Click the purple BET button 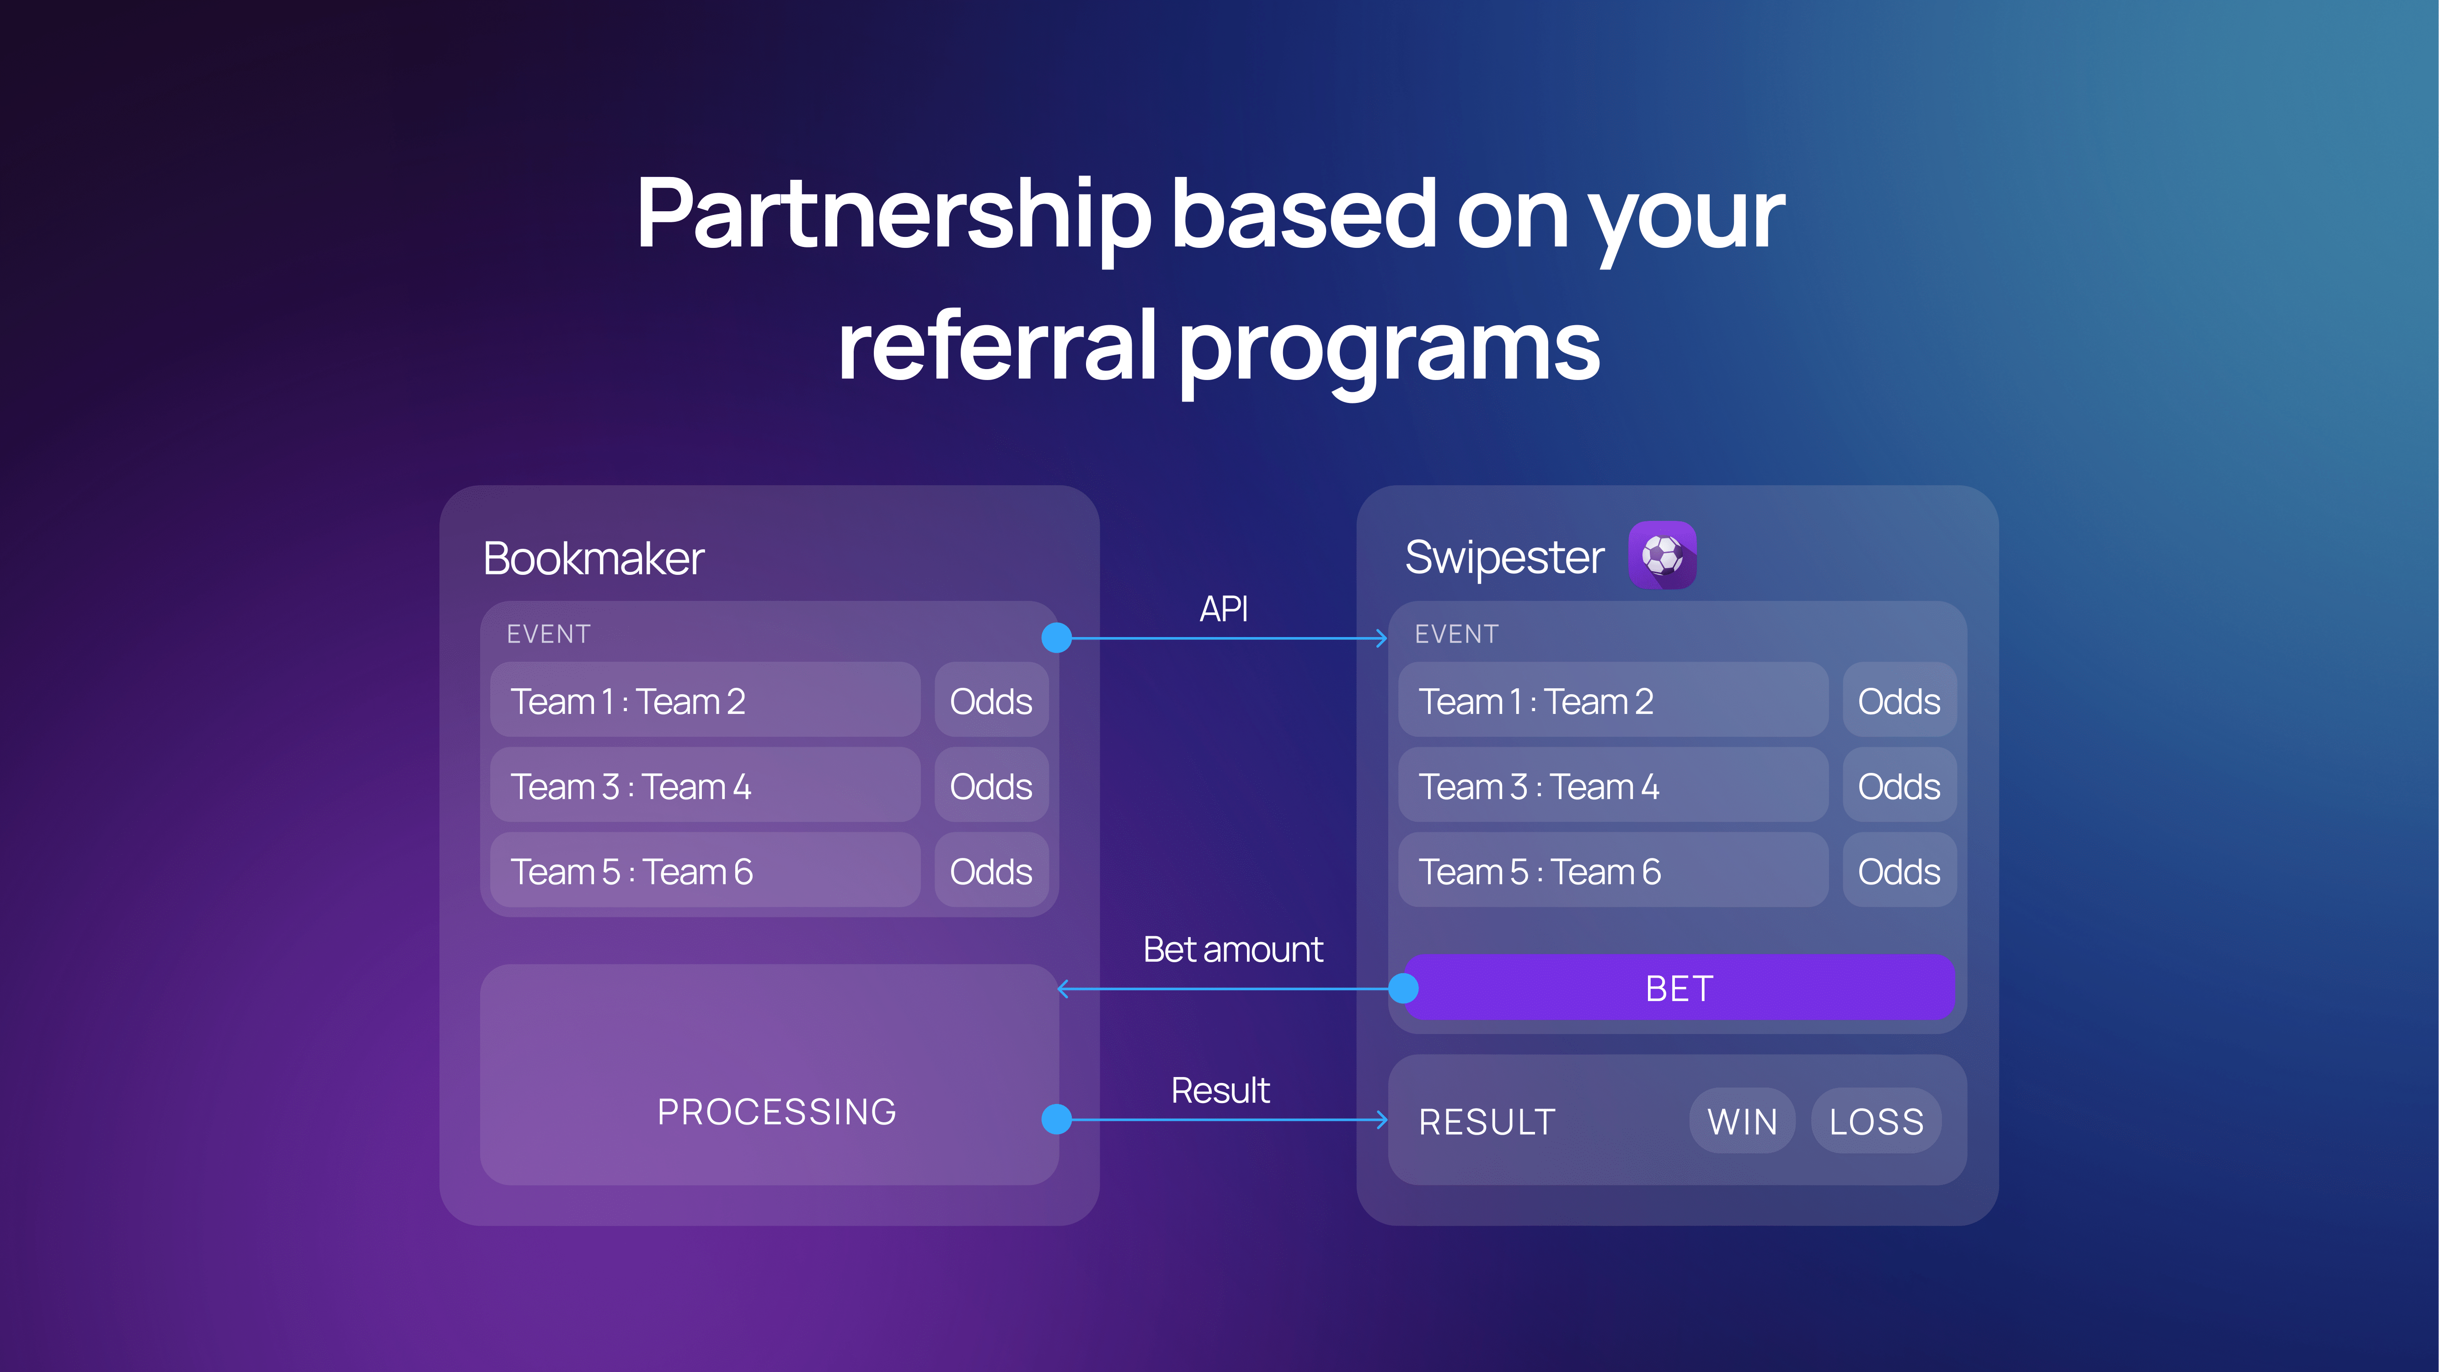point(1679,987)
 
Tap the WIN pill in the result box point(1742,1121)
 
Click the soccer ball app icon point(1662,555)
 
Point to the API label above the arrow point(1223,609)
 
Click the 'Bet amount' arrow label point(1233,949)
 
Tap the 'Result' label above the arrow point(1220,1090)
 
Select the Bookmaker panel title point(594,557)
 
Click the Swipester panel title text point(1504,557)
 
